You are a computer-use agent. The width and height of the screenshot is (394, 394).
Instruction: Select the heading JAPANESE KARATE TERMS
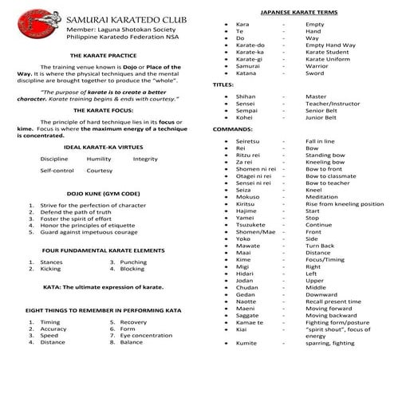[298, 14]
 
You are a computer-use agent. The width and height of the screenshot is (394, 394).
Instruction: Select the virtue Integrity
[146, 159]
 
